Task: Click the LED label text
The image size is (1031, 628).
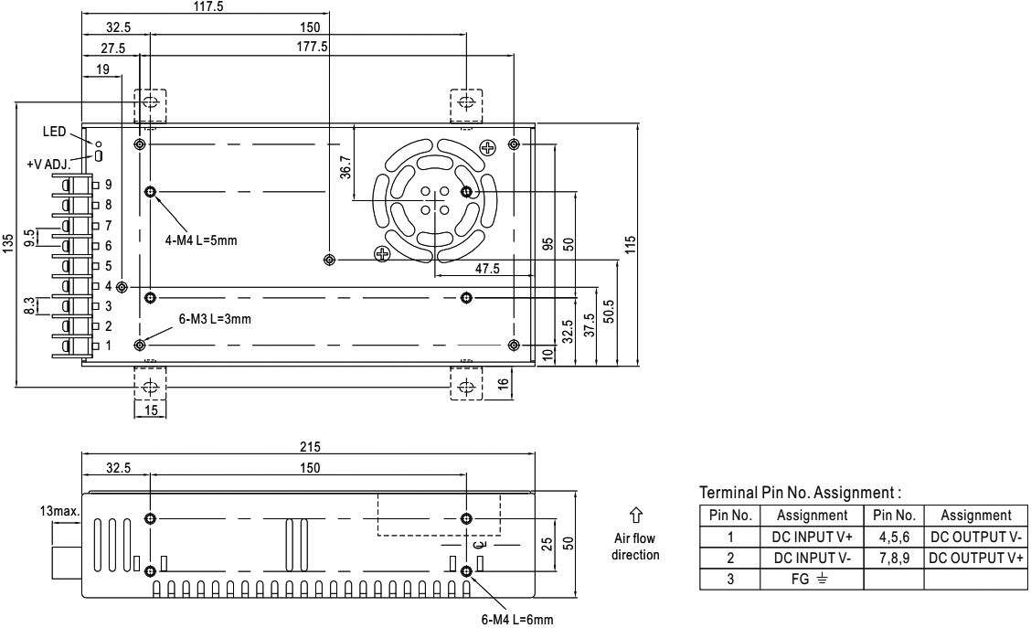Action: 54,132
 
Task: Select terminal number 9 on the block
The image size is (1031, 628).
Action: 109,185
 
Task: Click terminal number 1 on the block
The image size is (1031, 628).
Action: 109,346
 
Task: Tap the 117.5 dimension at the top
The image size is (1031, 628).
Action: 207,7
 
